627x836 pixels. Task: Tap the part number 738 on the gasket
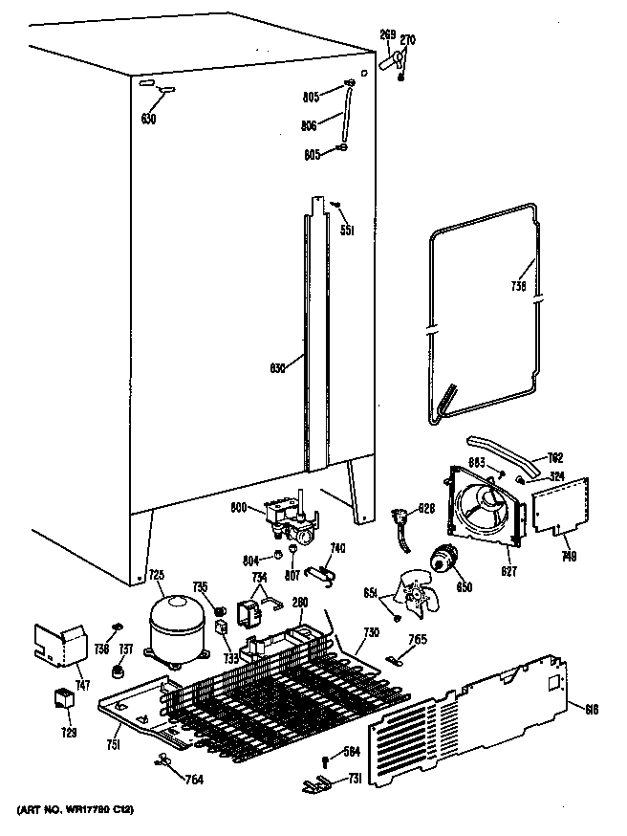coord(517,284)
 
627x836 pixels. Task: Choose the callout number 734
coord(259,579)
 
